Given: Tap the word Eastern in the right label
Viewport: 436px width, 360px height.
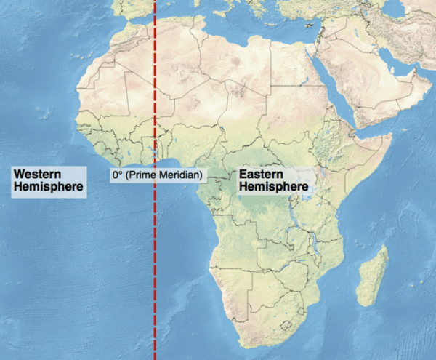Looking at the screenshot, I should tap(262, 175).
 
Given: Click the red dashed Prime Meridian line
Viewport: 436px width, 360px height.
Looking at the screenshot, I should tap(156, 276).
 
